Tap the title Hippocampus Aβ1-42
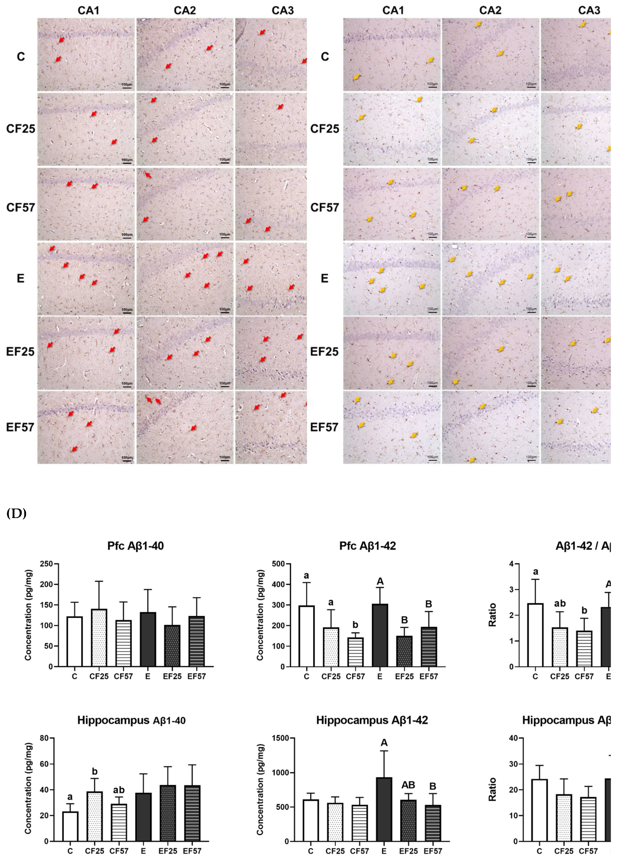pos(372,720)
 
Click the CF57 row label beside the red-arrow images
pos(21,208)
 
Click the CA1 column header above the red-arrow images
pos(88,10)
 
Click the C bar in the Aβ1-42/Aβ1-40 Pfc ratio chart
pos(535,635)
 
